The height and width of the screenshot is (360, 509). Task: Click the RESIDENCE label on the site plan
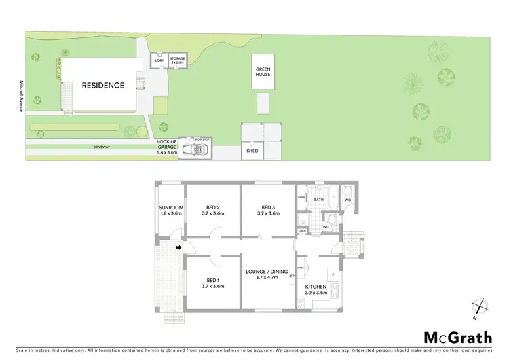tap(103, 86)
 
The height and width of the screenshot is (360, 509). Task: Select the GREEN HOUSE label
tap(263, 71)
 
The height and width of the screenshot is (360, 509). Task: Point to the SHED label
tap(251, 151)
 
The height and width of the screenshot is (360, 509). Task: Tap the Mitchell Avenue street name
tap(22, 93)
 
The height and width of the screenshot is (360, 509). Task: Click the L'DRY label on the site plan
tap(159, 60)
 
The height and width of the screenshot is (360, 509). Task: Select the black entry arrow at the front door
tap(178, 248)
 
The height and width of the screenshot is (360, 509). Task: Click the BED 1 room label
tap(213, 283)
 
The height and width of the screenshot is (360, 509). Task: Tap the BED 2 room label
tap(213, 210)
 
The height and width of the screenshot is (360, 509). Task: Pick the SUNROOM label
tap(171, 210)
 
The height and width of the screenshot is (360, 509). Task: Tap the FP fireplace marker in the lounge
tap(293, 277)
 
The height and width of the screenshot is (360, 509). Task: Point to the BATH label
tap(318, 200)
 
